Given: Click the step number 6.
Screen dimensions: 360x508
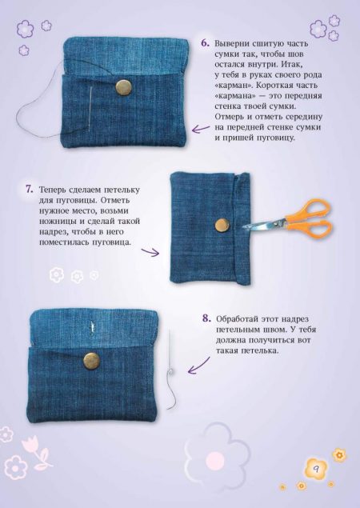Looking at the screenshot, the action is (x=205, y=43).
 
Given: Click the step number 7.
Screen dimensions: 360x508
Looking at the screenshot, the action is (x=30, y=190).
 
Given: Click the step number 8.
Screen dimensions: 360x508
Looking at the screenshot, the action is (x=206, y=318).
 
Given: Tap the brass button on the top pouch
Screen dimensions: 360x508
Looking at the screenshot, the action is (x=124, y=86).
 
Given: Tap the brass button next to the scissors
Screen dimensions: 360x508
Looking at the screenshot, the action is (x=222, y=225).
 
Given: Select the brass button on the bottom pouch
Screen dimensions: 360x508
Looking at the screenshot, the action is (x=92, y=361).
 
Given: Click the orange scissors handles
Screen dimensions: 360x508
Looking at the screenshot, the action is (x=309, y=218).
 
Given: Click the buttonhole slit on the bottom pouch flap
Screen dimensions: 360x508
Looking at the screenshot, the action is (x=93, y=327).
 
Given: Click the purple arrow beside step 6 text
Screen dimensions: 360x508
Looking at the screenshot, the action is (x=201, y=129).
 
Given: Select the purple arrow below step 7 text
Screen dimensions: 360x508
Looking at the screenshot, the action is (x=150, y=252).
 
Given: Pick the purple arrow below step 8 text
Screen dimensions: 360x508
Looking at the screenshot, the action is (x=198, y=366).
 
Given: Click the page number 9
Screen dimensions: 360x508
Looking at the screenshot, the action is (x=316, y=469).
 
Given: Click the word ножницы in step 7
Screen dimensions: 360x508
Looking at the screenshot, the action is (x=57, y=222).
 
